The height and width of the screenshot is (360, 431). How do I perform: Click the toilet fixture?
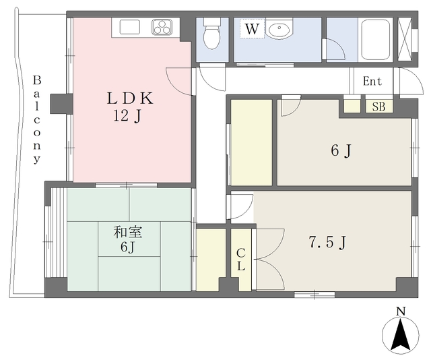[212, 34]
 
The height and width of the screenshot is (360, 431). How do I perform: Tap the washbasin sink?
[280, 28]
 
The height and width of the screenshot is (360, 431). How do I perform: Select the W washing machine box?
[252, 28]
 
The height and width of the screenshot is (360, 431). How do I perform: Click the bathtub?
[376, 40]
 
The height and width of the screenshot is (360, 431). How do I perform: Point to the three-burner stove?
[162, 28]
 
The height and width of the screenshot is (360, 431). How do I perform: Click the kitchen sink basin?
[130, 27]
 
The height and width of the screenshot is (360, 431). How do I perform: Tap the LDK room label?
[130, 98]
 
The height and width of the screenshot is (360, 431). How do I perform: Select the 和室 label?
[128, 233]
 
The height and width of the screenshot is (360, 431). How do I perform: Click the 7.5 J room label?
[327, 243]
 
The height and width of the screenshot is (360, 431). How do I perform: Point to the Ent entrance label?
[372, 82]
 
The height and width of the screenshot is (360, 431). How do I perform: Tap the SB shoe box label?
[378, 107]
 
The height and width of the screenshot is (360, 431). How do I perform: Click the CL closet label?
[241, 260]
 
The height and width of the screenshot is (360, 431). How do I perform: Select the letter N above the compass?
[401, 311]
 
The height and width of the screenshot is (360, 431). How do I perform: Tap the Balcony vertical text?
[37, 120]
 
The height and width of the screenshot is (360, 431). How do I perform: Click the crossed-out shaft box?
[405, 40]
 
